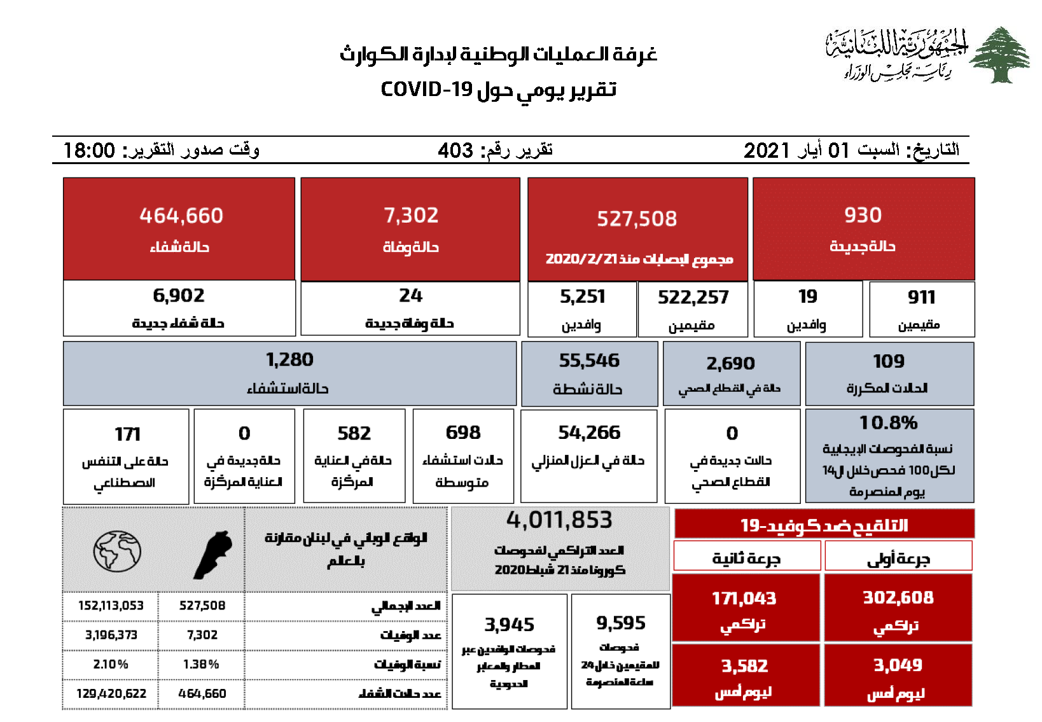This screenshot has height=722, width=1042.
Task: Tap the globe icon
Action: [x=117, y=551]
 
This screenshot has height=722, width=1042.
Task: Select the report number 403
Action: [x=455, y=151]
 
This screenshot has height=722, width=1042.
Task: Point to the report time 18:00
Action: [x=90, y=151]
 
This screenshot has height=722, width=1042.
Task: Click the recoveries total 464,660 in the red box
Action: [x=181, y=216]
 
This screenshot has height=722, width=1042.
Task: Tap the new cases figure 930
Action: [x=863, y=215]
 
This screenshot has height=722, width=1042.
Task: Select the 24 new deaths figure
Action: [x=410, y=296]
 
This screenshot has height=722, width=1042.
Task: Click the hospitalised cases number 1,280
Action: [x=289, y=360]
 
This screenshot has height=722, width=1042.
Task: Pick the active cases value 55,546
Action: [x=589, y=361]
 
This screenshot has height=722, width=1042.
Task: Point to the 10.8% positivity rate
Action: [x=888, y=423]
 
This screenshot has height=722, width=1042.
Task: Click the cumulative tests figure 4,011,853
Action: [x=559, y=520]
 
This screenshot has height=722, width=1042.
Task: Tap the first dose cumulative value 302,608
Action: [x=898, y=598]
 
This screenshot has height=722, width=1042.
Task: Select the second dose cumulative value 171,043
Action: [x=744, y=599]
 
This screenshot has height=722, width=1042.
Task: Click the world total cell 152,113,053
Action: [x=111, y=606]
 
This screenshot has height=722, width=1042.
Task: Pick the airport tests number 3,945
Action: [x=509, y=625]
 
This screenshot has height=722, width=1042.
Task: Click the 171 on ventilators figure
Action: [x=127, y=434]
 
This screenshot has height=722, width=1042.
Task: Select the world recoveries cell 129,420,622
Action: [x=111, y=693]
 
